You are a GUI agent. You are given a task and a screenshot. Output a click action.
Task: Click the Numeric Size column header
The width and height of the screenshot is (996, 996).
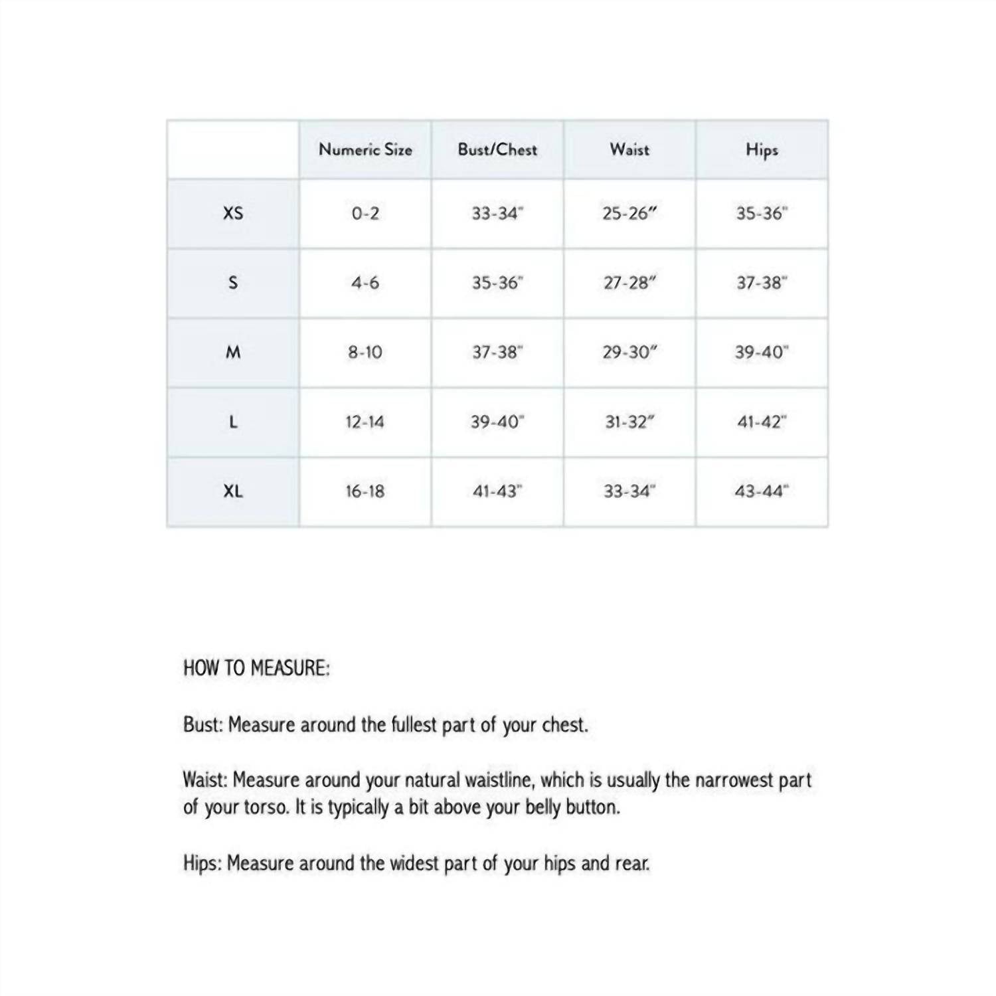click(x=365, y=149)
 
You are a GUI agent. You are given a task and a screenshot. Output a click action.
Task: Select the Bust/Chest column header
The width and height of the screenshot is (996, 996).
click(x=497, y=149)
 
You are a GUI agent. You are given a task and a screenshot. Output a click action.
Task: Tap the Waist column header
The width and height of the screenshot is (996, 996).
click(x=629, y=149)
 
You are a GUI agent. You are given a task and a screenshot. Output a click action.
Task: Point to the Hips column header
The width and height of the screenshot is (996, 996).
click(x=762, y=150)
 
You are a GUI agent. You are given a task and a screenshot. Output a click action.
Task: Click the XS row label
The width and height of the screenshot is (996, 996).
click(x=233, y=213)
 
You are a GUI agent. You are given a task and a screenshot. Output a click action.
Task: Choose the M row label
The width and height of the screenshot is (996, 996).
click(x=233, y=352)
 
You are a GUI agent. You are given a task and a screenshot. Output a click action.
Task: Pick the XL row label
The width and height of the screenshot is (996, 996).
click(x=233, y=491)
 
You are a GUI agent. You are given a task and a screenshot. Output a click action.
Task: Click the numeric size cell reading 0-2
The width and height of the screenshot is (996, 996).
click(x=365, y=214)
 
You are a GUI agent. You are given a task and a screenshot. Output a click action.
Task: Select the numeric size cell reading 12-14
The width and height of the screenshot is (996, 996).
click(x=365, y=422)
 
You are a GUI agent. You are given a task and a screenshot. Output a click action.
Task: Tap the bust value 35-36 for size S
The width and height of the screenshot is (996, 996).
click(x=497, y=283)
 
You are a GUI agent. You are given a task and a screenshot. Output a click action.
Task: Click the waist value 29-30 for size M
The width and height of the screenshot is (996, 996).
click(x=629, y=353)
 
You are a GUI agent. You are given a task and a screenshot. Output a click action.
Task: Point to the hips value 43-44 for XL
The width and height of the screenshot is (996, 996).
click(x=762, y=491)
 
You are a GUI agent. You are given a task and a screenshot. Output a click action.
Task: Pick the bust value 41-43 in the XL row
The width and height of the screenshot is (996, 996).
click(x=497, y=491)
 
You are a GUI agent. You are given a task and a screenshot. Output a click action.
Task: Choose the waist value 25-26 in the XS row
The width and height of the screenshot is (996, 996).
click(x=629, y=214)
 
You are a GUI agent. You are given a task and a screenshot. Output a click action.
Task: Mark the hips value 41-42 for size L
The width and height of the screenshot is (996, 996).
click(x=762, y=422)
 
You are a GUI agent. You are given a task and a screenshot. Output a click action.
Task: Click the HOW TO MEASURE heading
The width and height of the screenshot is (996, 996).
click(x=256, y=668)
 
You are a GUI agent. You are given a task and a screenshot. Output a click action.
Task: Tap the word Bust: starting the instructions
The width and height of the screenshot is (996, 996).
click(x=203, y=724)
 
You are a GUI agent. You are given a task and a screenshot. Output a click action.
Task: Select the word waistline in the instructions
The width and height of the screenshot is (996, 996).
click(x=499, y=780)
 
